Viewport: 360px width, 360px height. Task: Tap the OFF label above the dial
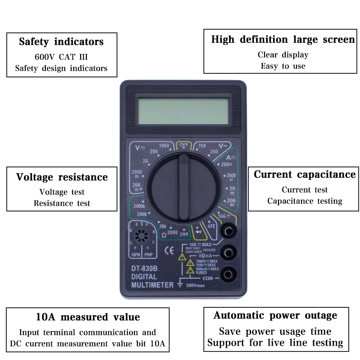coord(183,145)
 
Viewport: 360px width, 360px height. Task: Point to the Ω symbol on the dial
coord(164,234)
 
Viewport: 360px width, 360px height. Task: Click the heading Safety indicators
coord(61,42)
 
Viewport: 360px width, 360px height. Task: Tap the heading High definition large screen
coord(283,39)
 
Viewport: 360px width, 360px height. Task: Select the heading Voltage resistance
coord(62,177)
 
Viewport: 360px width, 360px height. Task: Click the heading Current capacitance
coord(305,174)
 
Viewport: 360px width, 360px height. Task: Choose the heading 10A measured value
coord(88,317)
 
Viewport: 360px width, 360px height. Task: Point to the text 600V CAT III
coord(61,57)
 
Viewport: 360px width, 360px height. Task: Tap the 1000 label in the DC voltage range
coord(164,146)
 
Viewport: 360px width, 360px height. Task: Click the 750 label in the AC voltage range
coord(202,146)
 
